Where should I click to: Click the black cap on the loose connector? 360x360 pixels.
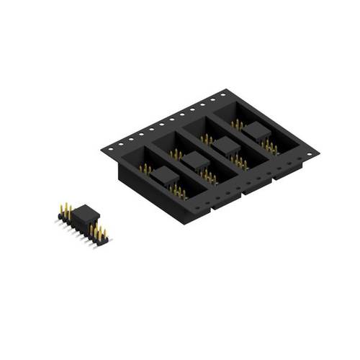coord(85,215)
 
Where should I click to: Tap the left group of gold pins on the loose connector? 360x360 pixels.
coord(66,211)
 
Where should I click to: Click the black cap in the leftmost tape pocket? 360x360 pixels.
coord(164,176)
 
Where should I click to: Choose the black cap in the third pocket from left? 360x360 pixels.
coord(226,146)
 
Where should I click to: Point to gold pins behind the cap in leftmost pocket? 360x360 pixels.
coord(145,169)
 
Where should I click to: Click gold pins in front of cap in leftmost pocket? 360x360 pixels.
coord(178,191)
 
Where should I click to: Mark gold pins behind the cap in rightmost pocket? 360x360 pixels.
coord(237,124)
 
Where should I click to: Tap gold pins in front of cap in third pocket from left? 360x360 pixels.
coord(240,162)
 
